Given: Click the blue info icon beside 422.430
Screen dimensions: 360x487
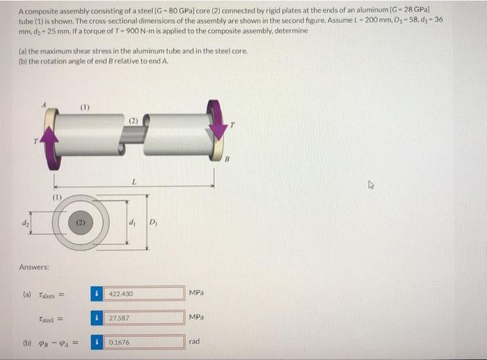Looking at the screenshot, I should pyautogui.click(x=99, y=294).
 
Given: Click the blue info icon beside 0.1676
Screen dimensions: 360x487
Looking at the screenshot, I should pyautogui.click(x=99, y=343).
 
